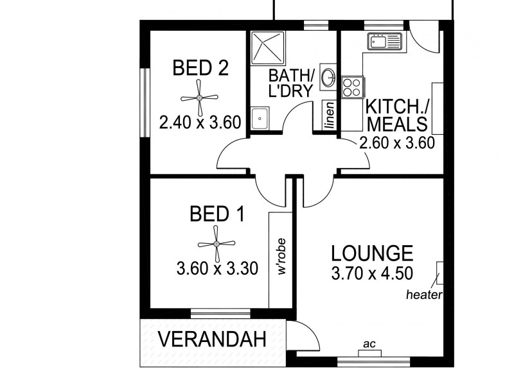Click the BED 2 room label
coord(200,68)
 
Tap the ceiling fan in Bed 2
coord(199,98)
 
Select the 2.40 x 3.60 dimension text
coord(200,122)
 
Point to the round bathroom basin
coord(327,78)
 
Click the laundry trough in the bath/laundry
coord(261,118)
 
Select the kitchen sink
coord(384,42)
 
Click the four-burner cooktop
coord(353,87)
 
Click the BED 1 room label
coord(217,214)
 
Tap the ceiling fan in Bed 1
coord(217,244)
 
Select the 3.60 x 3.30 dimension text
coord(217,268)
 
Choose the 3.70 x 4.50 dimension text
coord(372,274)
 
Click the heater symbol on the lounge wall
coord(439,273)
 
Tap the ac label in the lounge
coord(369,345)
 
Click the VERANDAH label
coord(212,340)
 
